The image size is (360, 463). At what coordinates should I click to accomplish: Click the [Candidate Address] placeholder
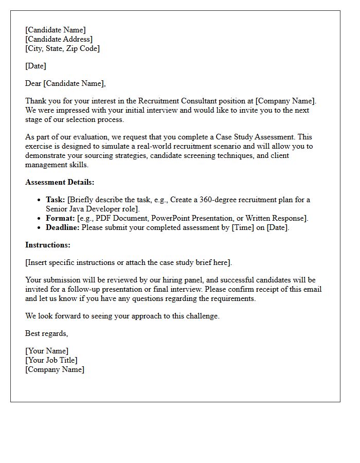point(59,39)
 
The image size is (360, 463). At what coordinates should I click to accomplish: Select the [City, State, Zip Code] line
point(62,48)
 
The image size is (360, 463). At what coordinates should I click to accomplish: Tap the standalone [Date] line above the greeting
point(35,66)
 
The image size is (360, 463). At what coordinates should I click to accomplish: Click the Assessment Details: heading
point(60,182)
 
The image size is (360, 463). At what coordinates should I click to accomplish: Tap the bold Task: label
point(56,200)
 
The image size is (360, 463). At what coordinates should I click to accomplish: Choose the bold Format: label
point(60,218)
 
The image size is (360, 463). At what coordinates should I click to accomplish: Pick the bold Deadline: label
point(63,227)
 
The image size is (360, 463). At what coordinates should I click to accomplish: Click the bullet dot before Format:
point(40,219)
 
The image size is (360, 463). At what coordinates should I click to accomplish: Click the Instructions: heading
point(48,245)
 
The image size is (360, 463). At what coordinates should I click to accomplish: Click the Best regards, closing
point(46,333)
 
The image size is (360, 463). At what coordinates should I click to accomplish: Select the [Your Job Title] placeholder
point(51,360)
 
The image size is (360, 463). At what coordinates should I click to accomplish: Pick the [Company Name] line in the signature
point(55,369)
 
